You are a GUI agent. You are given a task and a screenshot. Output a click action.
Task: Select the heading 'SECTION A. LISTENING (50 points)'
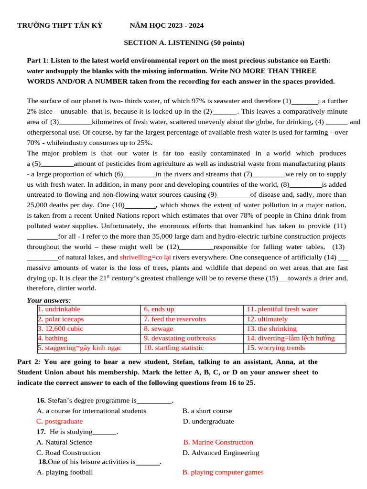184,43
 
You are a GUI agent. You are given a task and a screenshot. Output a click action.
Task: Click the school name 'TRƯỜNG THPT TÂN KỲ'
60,25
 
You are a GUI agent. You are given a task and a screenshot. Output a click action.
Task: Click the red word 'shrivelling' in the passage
135,257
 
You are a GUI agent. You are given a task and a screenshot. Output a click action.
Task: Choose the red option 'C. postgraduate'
60,421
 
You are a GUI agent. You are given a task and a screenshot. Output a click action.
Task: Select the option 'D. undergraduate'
209,421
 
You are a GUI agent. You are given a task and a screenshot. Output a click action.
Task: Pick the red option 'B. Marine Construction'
218,442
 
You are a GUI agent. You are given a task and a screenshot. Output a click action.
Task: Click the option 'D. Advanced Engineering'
221,452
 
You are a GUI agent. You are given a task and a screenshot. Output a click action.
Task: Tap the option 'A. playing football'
65,472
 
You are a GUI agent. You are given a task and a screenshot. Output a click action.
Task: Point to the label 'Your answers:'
49,300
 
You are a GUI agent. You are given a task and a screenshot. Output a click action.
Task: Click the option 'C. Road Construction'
69,452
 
